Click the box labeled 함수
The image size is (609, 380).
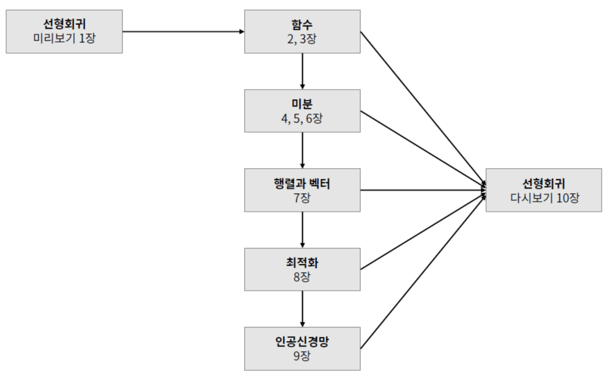click(x=302, y=31)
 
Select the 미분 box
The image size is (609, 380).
click(x=302, y=111)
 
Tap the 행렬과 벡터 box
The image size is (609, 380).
click(x=302, y=190)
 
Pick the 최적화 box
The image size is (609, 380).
click(x=302, y=269)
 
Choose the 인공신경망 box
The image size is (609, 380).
click(x=302, y=348)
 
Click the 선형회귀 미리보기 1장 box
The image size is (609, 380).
click(x=64, y=31)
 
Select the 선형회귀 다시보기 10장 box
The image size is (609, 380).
click(x=544, y=190)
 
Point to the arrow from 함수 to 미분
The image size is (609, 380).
click(x=302, y=71)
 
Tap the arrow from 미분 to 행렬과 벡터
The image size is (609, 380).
click(x=302, y=150)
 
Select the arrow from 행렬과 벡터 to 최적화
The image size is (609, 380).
click(x=302, y=230)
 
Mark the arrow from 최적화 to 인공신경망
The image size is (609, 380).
click(x=302, y=309)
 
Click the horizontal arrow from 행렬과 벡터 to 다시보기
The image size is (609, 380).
click(x=422, y=190)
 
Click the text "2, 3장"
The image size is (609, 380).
click(x=302, y=38)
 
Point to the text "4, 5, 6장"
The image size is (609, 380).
click(x=302, y=118)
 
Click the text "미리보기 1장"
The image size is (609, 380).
click(x=64, y=38)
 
